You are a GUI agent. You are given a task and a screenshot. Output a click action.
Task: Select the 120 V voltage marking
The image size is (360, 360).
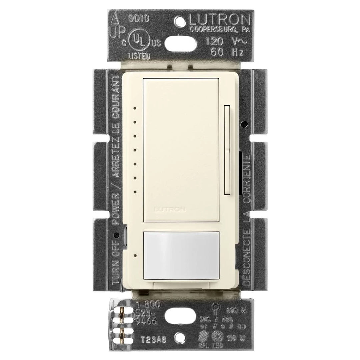point(223,42)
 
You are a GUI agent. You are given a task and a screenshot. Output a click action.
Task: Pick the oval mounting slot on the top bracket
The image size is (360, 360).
point(180,42)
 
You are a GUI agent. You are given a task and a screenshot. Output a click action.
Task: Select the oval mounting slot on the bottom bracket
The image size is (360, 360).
point(180,317)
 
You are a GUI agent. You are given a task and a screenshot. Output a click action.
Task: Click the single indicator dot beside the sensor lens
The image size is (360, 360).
point(135,256)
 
